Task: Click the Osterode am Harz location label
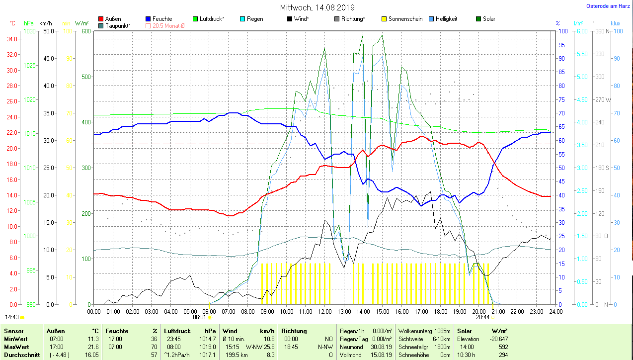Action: pyautogui.click(x=608, y=6)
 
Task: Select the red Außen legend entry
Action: pyautogui.click(x=110, y=19)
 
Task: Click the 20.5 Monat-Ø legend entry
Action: pyautogui.click(x=165, y=26)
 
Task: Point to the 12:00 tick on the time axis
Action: pyautogui.click(x=324, y=312)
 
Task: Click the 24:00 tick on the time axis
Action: pyautogui.click(x=555, y=312)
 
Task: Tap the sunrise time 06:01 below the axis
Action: pyautogui.click(x=199, y=317)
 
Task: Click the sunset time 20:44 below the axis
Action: pyautogui.click(x=482, y=317)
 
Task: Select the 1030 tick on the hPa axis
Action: pyautogui.click(x=29, y=31)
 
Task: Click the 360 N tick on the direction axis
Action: pyautogui.click(x=599, y=31)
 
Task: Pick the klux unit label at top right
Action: pyautogui.click(x=615, y=23)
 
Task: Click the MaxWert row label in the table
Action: pyautogui.click(x=16, y=347)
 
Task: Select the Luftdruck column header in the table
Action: pyautogui.click(x=177, y=331)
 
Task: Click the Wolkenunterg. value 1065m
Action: pyautogui.click(x=442, y=331)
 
